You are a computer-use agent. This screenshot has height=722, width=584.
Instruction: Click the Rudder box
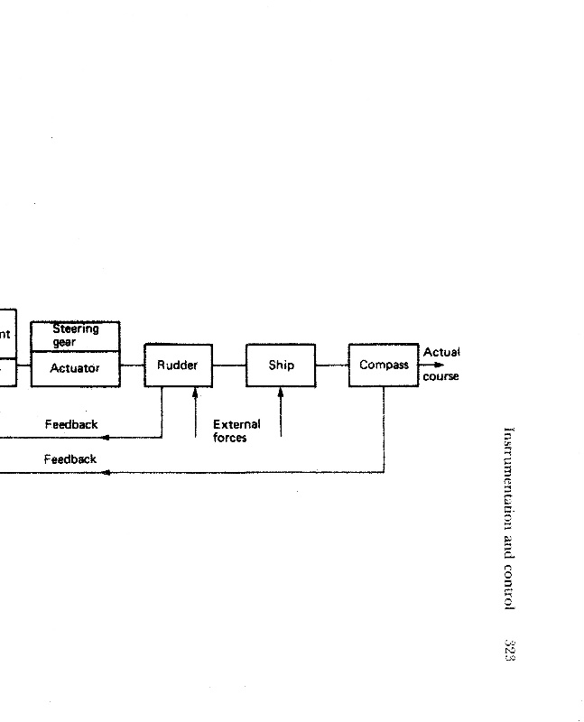click(178, 366)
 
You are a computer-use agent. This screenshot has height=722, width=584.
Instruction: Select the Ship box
click(281, 366)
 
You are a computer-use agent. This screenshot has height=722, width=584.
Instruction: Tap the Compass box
click(384, 366)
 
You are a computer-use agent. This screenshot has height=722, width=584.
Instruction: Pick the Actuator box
click(75, 368)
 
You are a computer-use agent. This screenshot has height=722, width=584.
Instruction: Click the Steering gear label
click(75, 335)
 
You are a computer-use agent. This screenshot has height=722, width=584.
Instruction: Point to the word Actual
click(441, 352)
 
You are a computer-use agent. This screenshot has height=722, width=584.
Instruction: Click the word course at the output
click(440, 376)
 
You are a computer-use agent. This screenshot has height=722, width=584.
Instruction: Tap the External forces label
click(236, 430)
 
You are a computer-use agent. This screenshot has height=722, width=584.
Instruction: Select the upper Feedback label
click(71, 424)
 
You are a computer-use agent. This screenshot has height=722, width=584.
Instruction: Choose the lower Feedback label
click(70, 459)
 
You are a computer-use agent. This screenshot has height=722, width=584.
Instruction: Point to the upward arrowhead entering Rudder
click(195, 392)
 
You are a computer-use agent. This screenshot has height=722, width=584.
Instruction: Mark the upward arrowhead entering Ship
click(281, 392)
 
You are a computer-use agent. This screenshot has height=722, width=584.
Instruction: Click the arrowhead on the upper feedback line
click(106, 438)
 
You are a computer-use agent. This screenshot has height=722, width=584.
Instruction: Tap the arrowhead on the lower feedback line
click(106, 472)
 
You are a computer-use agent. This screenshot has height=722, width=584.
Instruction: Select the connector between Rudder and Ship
click(229, 366)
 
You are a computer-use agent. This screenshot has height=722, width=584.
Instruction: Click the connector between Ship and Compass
click(332, 366)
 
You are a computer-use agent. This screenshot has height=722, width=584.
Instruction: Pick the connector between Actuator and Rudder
click(132, 366)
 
